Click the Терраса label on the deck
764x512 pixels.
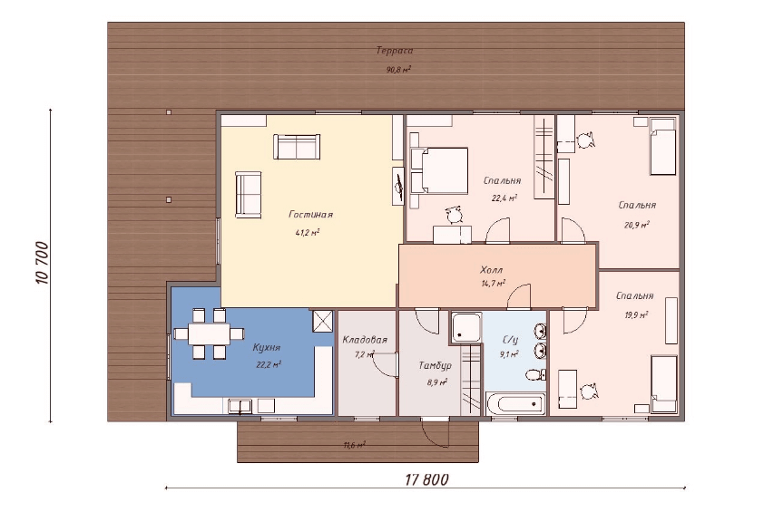click(395, 51)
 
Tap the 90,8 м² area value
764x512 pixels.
click(398, 69)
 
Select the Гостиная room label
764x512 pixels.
click(310, 214)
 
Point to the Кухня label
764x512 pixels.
click(267, 347)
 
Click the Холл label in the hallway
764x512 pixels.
click(491, 270)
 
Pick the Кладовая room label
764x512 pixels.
click(365, 339)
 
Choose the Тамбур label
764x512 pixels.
click(436, 365)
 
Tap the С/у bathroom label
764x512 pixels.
click(509, 340)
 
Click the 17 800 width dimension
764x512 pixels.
click(426, 480)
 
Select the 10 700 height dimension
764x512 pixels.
click(43, 263)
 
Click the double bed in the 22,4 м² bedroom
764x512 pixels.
click(439, 171)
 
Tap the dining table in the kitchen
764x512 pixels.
click(209, 333)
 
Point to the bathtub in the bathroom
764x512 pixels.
click(515, 404)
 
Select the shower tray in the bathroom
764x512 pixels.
click(465, 327)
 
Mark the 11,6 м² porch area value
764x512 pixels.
click(354, 445)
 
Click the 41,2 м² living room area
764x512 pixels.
click(307, 233)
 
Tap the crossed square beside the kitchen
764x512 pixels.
click(321, 321)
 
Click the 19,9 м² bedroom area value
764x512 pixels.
click(636, 314)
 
